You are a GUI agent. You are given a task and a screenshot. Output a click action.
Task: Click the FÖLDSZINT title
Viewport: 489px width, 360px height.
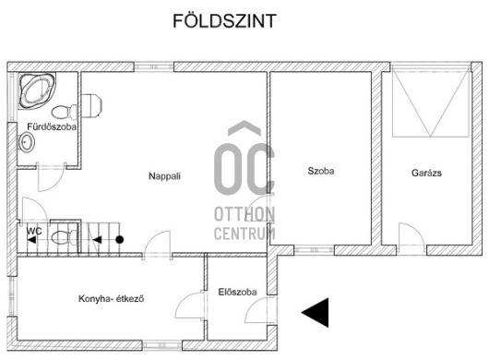pos(224,21)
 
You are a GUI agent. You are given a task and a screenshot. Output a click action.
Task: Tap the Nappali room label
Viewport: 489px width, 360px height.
pos(164,176)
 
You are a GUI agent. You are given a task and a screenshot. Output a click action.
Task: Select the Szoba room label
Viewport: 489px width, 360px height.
pos(321,171)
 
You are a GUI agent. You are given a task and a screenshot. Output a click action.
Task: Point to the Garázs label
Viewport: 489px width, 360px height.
pos(426,173)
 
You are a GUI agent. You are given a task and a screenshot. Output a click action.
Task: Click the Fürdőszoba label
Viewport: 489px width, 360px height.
pos(52,126)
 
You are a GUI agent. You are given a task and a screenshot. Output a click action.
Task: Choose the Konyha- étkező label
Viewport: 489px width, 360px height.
pos(112,298)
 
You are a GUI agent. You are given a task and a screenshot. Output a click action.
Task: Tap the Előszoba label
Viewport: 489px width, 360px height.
pos(238,292)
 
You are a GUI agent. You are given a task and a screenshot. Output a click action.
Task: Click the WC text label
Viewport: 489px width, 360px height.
pos(34,231)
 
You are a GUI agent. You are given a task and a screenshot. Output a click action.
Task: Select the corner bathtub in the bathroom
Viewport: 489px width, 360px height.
pos(37,90)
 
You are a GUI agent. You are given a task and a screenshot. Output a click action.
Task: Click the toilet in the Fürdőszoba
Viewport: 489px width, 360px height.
pos(65,112)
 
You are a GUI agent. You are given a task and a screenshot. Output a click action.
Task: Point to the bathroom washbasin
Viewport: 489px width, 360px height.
pos(27,142)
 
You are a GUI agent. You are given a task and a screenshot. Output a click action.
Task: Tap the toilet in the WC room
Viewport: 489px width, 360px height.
pos(65,238)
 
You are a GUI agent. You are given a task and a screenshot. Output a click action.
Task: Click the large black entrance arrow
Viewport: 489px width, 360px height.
pos(315,312)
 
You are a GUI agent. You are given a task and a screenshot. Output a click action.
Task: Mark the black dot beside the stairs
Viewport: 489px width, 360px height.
pos(119,240)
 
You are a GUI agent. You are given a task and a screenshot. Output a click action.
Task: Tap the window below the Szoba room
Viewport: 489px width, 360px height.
pos(314,250)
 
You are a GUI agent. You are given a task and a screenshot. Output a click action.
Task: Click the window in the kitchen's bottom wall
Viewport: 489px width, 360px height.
pos(162,345)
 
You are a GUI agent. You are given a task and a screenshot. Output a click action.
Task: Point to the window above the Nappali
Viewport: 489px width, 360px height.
pos(154,66)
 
